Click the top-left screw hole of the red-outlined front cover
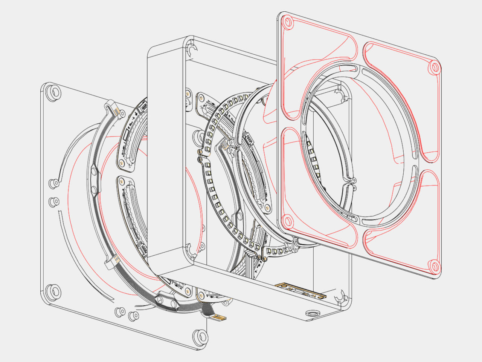(x=289, y=21)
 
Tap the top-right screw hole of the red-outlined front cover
(x=435, y=67)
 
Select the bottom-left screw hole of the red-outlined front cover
(x=288, y=221)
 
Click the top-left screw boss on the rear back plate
(x=53, y=92)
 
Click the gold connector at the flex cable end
(x=219, y=318)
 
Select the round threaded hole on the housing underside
(x=312, y=314)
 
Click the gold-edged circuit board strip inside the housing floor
(x=300, y=291)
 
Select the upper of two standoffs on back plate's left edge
(x=54, y=184)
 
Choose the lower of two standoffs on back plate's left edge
(x=54, y=202)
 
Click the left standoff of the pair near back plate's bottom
(x=120, y=311)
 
